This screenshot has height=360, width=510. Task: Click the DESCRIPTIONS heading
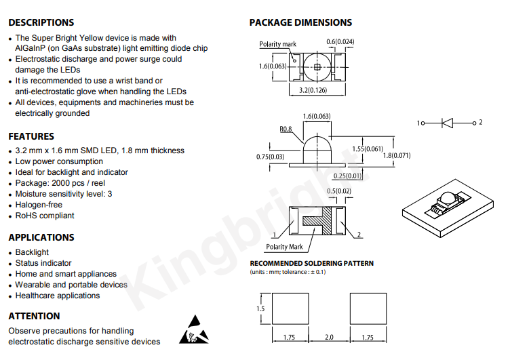coord(41,22)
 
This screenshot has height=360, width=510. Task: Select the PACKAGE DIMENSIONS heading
coord(300,22)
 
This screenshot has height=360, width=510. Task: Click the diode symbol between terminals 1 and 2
coord(447,123)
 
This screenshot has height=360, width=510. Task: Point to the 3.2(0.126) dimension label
coord(313,90)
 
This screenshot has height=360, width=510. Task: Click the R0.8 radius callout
coord(286,129)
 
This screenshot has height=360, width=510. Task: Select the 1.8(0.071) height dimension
coord(397,155)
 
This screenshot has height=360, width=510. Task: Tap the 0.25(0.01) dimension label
coord(347,176)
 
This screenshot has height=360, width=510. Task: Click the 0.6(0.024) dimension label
coord(340,41)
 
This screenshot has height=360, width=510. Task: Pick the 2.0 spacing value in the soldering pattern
coord(329,337)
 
